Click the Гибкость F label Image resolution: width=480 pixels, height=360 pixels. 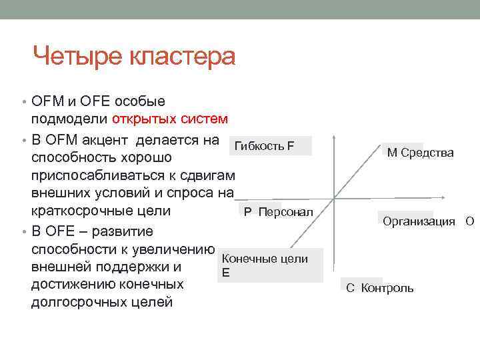[265, 146]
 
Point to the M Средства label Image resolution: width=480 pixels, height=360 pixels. [420, 153]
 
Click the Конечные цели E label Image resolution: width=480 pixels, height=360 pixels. [264, 265]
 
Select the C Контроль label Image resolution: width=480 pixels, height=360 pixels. [379, 288]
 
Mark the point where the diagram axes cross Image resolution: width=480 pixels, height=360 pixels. [334, 198]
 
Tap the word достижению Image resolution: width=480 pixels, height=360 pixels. [73, 285]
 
